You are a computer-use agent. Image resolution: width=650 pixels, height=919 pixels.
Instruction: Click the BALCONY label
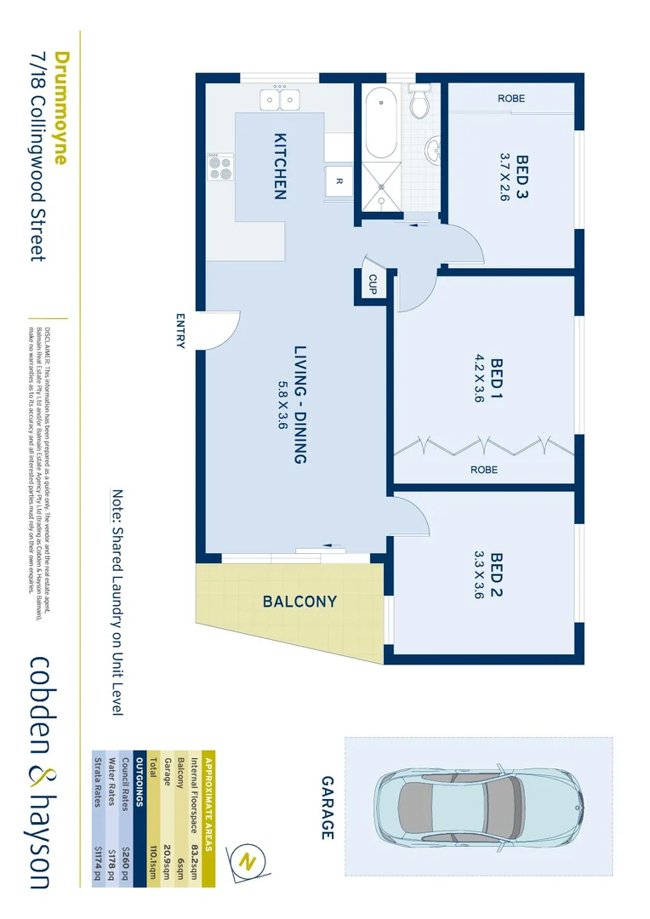tap(299, 602)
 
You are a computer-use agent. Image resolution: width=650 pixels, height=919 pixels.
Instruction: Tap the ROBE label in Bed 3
tap(511, 99)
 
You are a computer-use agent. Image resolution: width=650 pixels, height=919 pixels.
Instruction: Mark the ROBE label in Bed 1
tap(483, 470)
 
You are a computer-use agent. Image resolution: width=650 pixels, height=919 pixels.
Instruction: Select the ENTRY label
tap(180, 331)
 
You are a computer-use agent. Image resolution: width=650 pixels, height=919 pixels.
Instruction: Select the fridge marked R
tap(338, 180)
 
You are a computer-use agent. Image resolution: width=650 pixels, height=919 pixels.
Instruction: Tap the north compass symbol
tap(249, 860)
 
